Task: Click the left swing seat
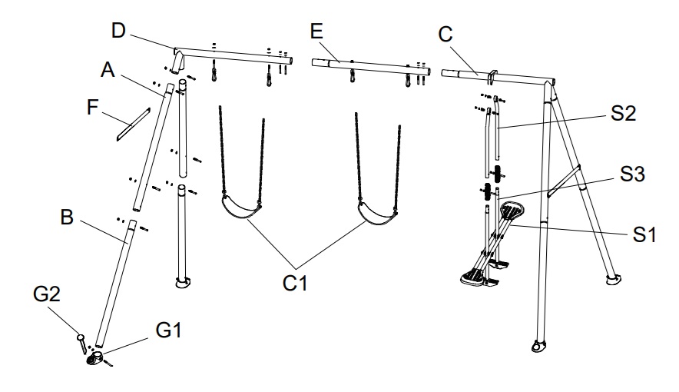pos(241,210)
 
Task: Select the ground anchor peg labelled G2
pos(81,342)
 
